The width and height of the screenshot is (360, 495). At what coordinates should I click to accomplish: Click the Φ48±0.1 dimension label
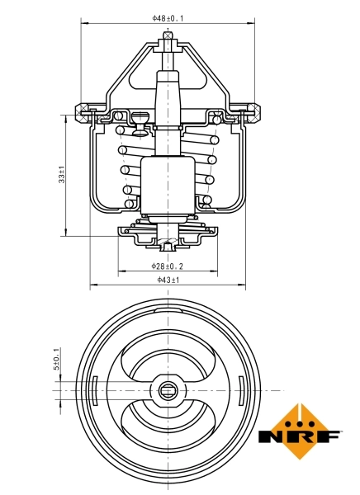tap(168, 16)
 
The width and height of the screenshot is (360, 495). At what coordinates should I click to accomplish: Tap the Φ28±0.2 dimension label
tap(168, 266)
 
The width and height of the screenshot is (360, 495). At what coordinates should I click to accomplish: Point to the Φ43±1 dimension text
tap(168, 280)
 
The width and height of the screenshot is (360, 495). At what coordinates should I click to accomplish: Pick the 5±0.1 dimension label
tap(57, 359)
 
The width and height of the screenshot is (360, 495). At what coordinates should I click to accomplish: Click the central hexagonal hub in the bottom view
tap(168, 389)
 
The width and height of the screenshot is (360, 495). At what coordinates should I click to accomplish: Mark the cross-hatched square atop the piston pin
tap(168, 35)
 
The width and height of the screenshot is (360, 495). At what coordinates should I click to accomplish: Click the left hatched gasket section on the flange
tap(83, 109)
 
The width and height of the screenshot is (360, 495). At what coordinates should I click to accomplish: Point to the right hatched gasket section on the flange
tap(253, 109)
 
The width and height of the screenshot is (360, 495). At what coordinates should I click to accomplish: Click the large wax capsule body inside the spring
tap(168, 186)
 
